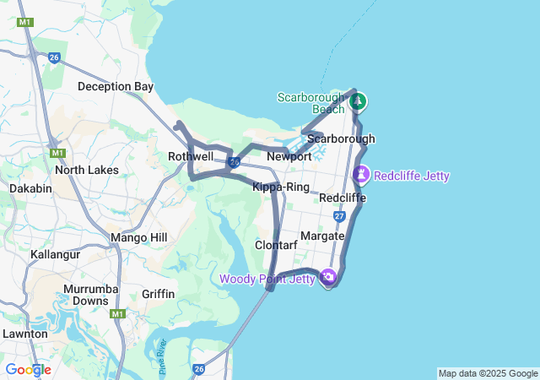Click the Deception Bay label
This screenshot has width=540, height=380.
(116, 86)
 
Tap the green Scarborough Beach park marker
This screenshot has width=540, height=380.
(358, 102)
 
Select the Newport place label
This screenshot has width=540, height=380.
(289, 157)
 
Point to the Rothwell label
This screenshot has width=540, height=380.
(190, 156)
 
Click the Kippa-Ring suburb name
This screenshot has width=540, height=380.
(281, 187)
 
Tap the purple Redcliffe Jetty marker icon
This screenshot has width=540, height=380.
(362, 175)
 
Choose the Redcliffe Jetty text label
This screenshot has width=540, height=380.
(412, 176)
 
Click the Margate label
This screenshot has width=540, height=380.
(323, 236)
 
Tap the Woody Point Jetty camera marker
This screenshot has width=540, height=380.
(328, 276)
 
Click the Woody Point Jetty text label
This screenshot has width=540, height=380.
(267, 279)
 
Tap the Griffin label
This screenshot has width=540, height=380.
(159, 294)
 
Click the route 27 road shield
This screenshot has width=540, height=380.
(339, 216)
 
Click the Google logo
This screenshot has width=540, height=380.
(28, 370)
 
